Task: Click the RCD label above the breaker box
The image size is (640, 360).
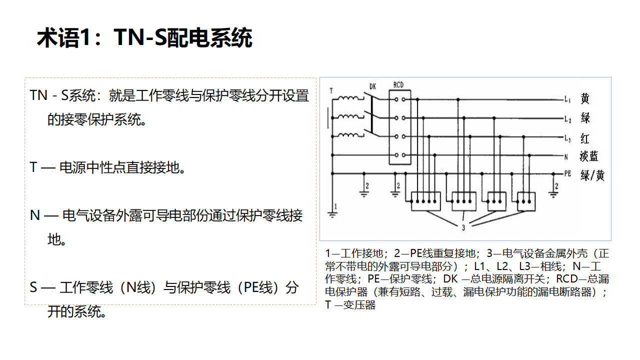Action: tap(398, 85)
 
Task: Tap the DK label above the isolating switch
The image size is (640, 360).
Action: tap(372, 86)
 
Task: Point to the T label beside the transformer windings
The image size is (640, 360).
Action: tap(331, 91)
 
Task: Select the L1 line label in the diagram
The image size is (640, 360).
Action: tap(567, 100)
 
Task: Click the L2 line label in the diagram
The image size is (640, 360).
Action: tap(567, 119)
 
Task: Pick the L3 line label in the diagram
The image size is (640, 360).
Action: tap(567, 138)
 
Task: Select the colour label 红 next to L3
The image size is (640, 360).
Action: tap(585, 138)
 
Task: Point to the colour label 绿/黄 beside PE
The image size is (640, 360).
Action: tap(592, 175)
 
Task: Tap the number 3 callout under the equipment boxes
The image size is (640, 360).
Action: tap(463, 228)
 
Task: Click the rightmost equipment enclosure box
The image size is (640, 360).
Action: tap(526, 201)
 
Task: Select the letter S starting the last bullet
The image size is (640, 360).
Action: tap(33, 287)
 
